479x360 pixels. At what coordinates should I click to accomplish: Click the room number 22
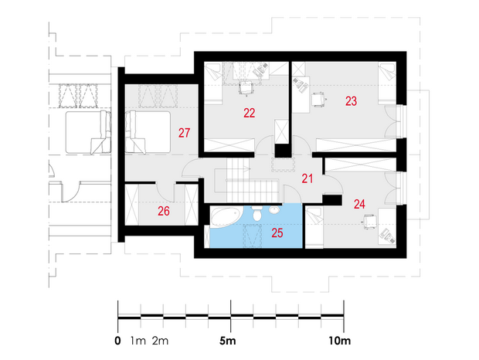point(250,113)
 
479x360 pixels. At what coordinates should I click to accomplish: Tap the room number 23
point(351,100)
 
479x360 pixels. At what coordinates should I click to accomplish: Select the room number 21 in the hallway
point(307,178)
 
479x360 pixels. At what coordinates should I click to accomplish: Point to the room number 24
point(359,204)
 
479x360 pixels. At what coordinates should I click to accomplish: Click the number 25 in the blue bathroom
point(277,233)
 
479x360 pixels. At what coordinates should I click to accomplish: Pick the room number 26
point(164,211)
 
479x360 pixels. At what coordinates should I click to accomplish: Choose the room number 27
point(184,133)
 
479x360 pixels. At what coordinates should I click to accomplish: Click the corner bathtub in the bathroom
point(226,217)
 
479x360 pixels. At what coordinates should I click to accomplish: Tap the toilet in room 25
point(257,213)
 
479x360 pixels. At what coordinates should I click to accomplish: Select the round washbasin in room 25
point(274,210)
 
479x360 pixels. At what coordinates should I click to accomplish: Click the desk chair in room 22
point(246,89)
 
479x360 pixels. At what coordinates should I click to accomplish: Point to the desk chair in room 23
point(318,100)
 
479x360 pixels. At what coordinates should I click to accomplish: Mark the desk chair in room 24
point(370,222)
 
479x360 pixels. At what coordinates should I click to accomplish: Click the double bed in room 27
point(148,132)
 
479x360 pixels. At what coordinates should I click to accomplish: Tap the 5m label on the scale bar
point(228,341)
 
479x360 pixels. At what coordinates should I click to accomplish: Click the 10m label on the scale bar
point(340,341)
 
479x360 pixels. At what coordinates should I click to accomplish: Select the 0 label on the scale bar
point(118,341)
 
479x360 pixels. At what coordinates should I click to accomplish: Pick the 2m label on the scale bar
point(160,341)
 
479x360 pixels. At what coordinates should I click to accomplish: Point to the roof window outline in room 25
point(253,235)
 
